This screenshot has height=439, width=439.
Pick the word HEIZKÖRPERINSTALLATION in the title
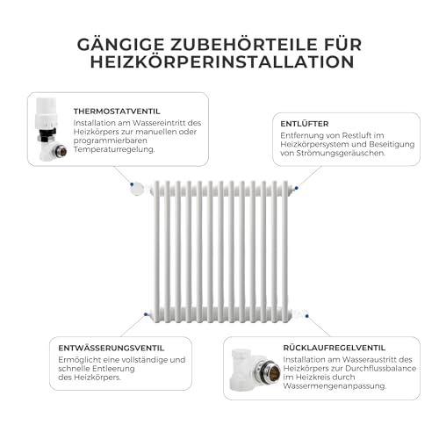click(x=219, y=62)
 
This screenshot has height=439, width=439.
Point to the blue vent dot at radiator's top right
click(x=296, y=185)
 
